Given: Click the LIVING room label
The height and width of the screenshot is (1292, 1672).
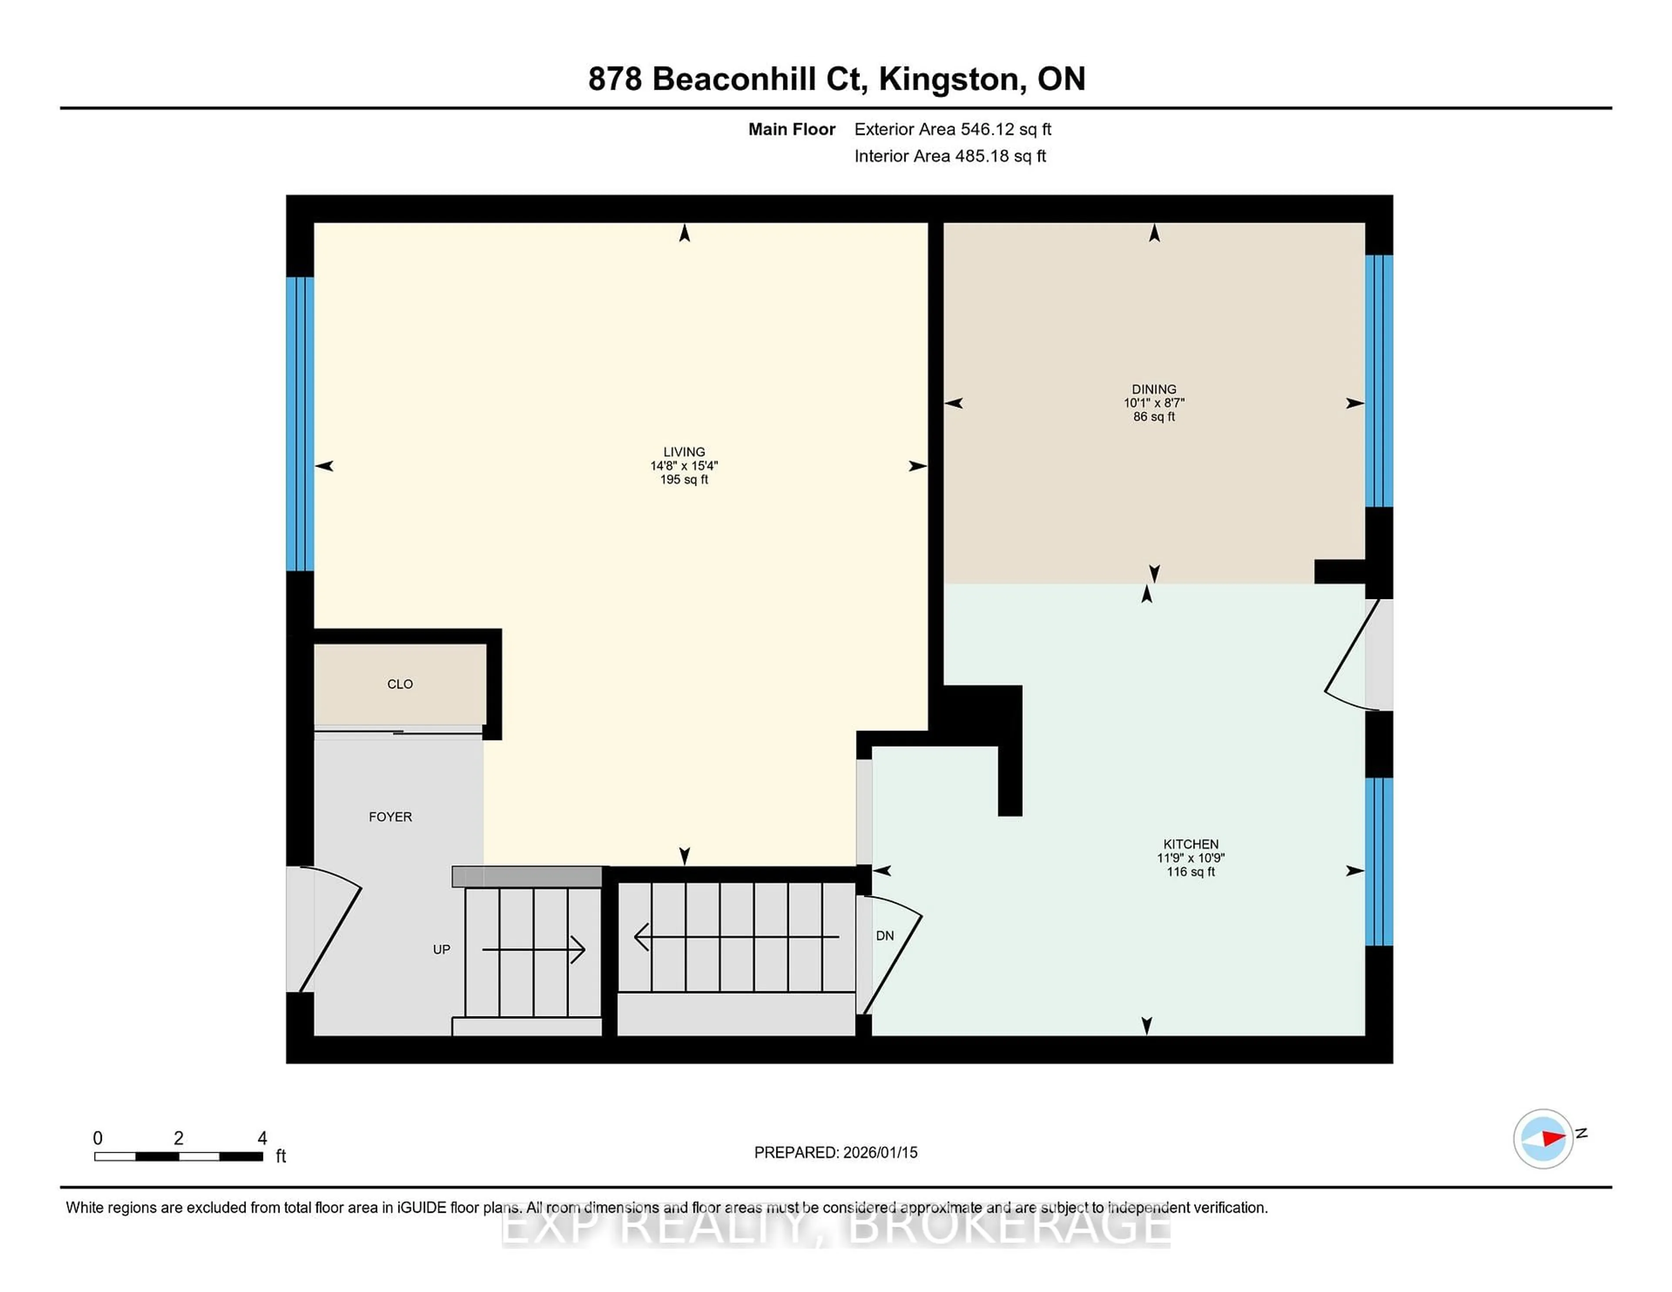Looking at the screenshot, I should click(684, 451).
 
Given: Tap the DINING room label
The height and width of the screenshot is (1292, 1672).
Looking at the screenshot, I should click(1154, 389).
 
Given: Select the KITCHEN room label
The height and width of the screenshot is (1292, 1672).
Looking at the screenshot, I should click(1190, 844).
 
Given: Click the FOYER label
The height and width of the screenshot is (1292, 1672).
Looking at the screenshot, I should click(391, 817).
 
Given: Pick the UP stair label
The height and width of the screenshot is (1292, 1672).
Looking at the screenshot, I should click(442, 949).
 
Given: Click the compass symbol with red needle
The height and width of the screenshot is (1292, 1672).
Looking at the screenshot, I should click(1543, 1138).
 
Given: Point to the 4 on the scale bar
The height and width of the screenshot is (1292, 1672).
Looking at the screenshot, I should click(262, 1138).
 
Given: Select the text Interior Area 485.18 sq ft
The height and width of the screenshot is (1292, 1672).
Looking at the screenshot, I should click(950, 156).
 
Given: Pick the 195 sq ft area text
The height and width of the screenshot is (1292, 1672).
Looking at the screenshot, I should click(684, 480).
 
